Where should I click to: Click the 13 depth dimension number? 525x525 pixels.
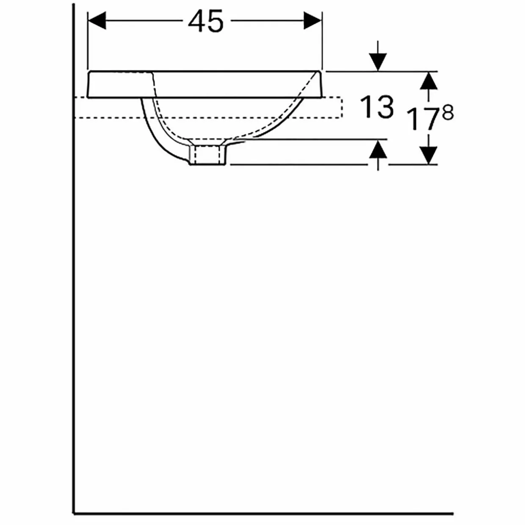[x=377, y=108]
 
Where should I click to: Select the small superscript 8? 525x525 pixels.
[x=448, y=113]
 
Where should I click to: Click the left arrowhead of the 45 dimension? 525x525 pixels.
[x=97, y=20]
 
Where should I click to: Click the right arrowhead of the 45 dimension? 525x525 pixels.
[x=313, y=20]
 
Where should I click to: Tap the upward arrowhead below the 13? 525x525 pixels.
[x=378, y=149]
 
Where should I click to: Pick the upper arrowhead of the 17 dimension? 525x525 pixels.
[x=428, y=80]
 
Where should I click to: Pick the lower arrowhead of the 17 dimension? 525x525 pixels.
[x=428, y=155]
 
